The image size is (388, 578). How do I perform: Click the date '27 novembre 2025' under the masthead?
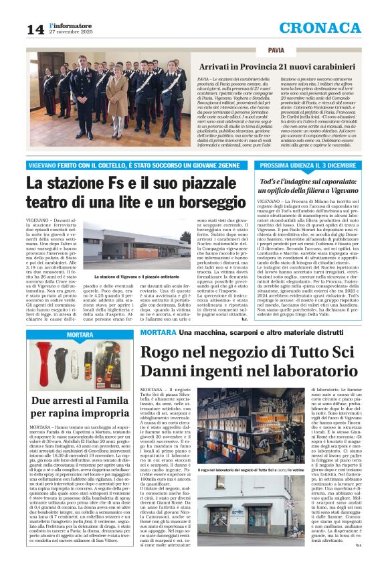[x=70, y=31]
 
